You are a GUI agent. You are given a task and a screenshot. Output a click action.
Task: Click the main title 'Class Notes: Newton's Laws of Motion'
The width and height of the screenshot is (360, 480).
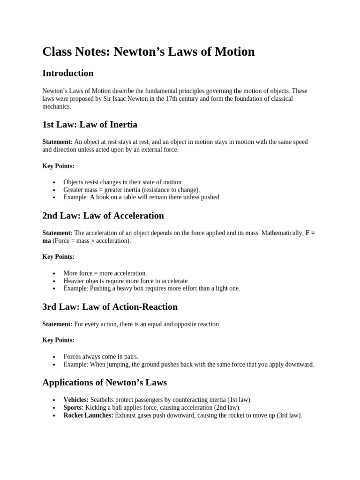(x=149, y=52)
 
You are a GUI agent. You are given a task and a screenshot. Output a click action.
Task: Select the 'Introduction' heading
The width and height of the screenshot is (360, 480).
(x=68, y=73)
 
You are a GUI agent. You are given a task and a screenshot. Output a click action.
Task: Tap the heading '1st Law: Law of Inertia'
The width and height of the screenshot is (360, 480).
(x=90, y=124)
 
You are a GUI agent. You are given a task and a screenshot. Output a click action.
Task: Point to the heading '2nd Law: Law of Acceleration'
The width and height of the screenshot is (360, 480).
(x=103, y=216)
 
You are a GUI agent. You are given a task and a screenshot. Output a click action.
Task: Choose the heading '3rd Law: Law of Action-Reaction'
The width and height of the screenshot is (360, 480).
(x=110, y=307)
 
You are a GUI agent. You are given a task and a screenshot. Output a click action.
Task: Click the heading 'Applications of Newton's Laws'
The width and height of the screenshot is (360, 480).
(x=105, y=382)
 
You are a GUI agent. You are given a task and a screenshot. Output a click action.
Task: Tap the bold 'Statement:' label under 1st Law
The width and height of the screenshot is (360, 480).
(x=57, y=142)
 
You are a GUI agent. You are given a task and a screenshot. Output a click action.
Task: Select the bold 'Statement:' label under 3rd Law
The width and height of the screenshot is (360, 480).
(x=57, y=324)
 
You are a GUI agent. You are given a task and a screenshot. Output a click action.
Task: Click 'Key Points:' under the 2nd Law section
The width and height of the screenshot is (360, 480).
(x=58, y=257)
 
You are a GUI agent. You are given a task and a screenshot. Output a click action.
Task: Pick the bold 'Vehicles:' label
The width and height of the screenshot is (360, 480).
(x=76, y=400)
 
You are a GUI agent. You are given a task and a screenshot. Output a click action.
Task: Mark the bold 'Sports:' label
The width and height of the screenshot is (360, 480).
(x=73, y=408)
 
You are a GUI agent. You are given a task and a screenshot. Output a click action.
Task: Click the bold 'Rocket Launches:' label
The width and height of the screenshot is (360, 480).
(x=88, y=415)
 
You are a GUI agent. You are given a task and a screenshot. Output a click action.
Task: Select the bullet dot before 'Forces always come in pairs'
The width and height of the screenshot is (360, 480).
(x=54, y=357)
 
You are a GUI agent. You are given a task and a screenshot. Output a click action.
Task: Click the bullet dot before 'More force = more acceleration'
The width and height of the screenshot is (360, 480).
(x=54, y=273)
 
